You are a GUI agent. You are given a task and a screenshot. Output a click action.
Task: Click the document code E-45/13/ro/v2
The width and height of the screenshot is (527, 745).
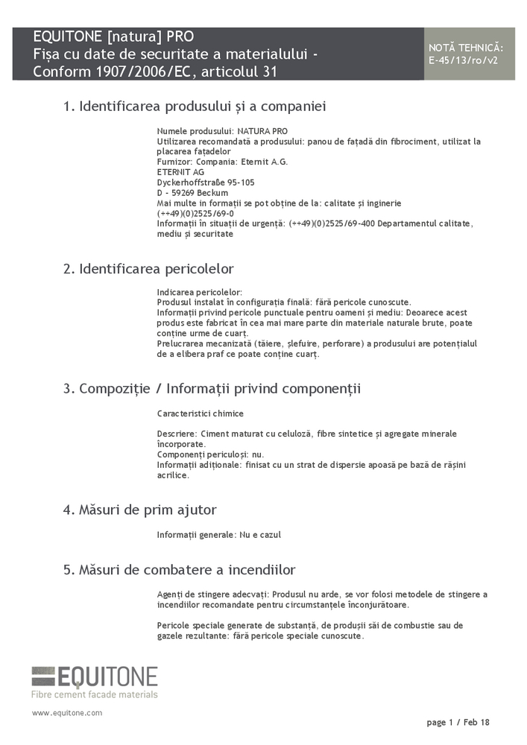(x=465, y=60)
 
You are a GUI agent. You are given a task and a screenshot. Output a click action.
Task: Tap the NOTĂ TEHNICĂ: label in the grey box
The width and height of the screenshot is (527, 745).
(x=466, y=48)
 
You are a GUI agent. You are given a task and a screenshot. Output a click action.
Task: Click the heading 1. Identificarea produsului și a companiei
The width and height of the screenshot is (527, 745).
(x=195, y=107)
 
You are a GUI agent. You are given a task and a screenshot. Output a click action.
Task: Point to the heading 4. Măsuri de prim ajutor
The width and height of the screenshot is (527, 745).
(x=139, y=510)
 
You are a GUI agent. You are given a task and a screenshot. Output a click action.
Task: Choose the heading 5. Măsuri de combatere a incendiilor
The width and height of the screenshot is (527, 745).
(x=179, y=571)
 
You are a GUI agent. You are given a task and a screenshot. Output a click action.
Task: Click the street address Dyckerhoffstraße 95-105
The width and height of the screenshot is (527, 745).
(x=206, y=182)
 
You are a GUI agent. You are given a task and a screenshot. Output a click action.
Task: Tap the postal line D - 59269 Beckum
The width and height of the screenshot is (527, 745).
(x=192, y=192)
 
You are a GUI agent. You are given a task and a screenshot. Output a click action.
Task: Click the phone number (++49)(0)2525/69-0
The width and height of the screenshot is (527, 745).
(x=195, y=213)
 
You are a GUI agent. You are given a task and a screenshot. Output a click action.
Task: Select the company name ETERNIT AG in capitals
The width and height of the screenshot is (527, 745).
(x=180, y=171)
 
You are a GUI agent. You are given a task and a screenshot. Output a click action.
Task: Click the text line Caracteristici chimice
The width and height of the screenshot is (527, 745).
(x=200, y=413)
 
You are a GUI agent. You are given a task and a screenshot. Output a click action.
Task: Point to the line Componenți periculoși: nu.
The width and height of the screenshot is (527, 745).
(x=210, y=454)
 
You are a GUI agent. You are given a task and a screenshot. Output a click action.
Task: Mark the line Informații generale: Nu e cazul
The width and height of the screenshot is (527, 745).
(x=218, y=535)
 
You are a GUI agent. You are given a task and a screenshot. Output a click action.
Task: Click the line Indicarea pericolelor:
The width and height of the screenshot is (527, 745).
(x=200, y=292)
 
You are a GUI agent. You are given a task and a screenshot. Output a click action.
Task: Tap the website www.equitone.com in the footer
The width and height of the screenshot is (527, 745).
(x=67, y=713)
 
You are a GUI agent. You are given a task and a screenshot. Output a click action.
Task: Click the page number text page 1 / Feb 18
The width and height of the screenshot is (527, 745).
(x=458, y=723)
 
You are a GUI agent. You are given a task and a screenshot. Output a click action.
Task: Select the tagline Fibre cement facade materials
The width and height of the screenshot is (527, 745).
(x=95, y=694)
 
